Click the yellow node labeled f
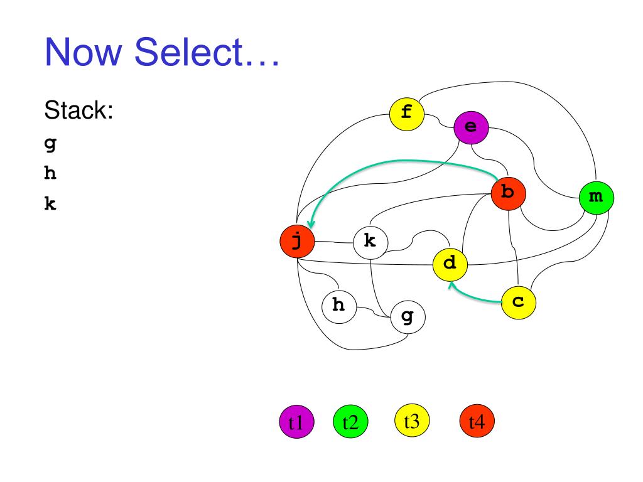tap(407, 114)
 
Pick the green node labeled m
tap(596, 198)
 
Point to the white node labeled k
tap(370, 241)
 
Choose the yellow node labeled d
tap(450, 264)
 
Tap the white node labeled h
tap(338, 306)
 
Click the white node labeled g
tap(408, 318)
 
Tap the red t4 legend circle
tap(477, 421)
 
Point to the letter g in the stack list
tap(50, 143)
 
